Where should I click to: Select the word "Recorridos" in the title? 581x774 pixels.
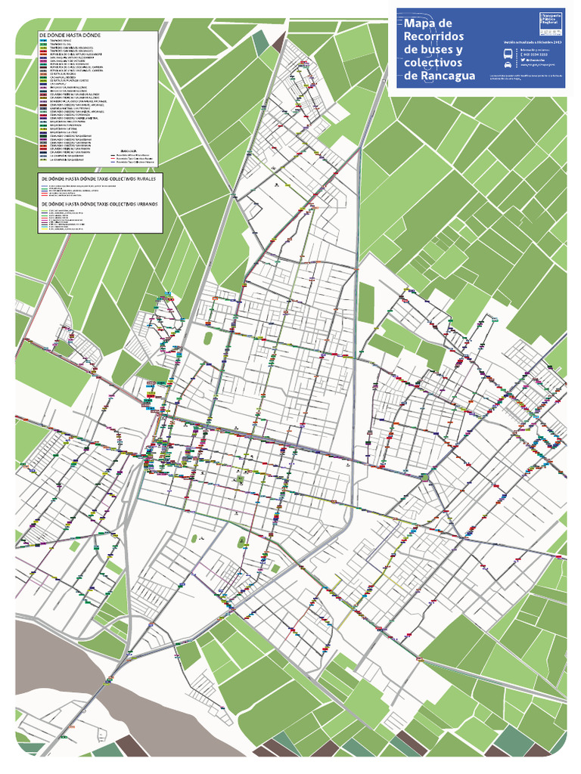pyautogui.click(x=434, y=36)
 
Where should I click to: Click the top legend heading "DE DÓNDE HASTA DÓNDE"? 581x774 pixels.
pyautogui.click(x=70, y=35)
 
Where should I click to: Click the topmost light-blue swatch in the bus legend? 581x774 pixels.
pyautogui.click(x=44, y=41)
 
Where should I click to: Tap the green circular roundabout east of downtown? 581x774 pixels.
pyautogui.click(x=425, y=478)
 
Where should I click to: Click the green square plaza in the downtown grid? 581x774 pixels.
pyautogui.click(x=241, y=478)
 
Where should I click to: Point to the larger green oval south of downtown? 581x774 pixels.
pyautogui.click(x=242, y=542)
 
